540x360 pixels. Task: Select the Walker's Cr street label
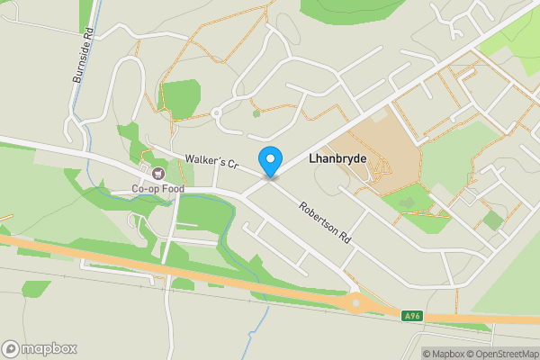(x=210, y=162)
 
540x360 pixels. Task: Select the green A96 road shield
(x=412, y=314)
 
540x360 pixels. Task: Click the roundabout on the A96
(x=358, y=303)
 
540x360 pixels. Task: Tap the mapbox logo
(x=40, y=348)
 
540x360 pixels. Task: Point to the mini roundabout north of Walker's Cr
(x=216, y=112)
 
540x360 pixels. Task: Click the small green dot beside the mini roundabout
(x=256, y=113)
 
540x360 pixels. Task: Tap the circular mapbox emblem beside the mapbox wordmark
(x=11, y=348)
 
